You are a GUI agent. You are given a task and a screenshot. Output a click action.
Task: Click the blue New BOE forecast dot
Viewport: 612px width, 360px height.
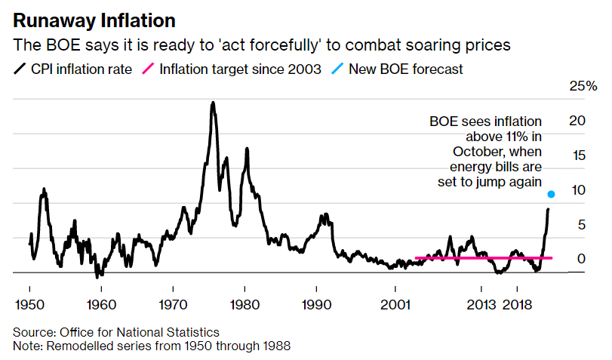click(x=552, y=195)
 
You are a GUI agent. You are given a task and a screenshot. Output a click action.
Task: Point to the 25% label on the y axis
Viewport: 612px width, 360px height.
click(x=582, y=86)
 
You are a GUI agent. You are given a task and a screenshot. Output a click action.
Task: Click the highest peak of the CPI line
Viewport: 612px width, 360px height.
click(x=213, y=103)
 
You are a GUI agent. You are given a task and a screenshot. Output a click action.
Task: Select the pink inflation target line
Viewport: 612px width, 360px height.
click(x=483, y=258)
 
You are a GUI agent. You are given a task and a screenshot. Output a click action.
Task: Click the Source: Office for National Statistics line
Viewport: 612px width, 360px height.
click(x=115, y=332)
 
